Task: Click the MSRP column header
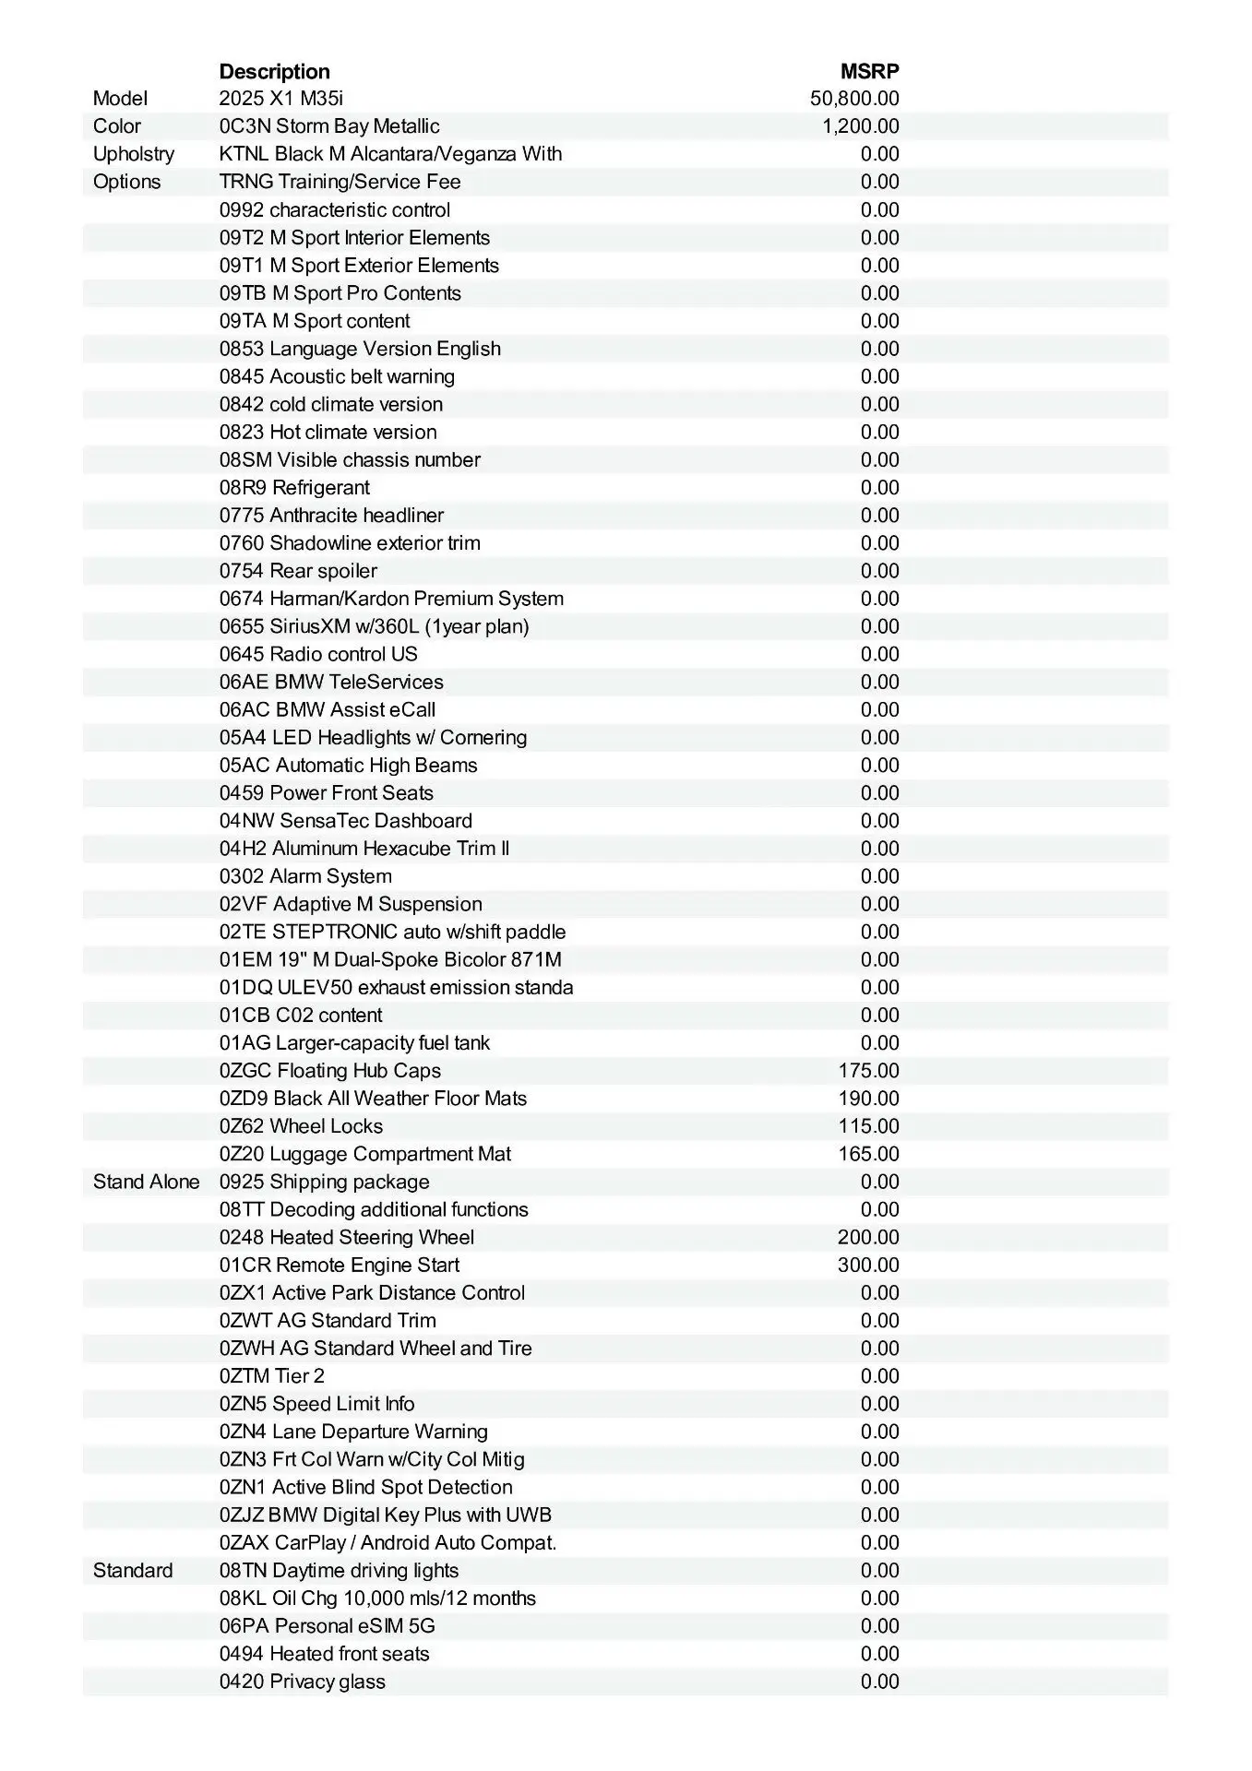point(869,71)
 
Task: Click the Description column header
point(274,71)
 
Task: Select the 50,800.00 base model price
point(854,99)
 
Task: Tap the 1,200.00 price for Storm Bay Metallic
point(861,126)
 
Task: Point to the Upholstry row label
point(134,154)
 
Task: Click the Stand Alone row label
point(146,1182)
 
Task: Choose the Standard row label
point(133,1570)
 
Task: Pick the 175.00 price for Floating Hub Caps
point(868,1071)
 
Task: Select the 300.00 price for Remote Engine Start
point(868,1265)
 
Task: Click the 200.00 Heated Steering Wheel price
point(868,1237)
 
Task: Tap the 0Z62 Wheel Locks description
point(301,1126)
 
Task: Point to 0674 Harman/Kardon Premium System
point(391,599)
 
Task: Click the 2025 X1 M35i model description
point(280,99)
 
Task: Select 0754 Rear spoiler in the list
point(298,571)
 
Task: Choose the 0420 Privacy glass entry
point(302,1682)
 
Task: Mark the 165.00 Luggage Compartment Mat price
point(868,1154)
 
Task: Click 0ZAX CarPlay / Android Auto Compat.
point(388,1542)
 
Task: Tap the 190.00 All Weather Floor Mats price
point(868,1099)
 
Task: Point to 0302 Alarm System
point(305,876)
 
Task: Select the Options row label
point(126,182)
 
